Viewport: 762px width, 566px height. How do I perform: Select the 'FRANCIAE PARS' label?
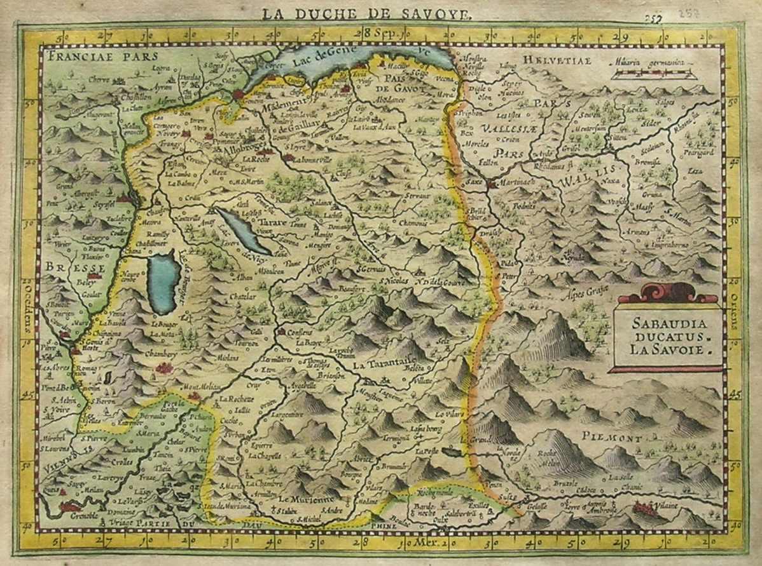(93, 55)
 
